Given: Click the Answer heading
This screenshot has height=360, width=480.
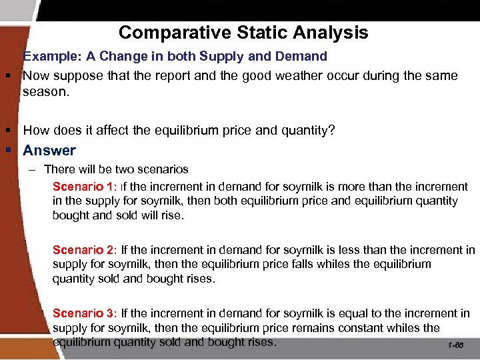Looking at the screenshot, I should (49, 151).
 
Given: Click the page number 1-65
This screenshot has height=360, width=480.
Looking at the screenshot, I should (457, 346).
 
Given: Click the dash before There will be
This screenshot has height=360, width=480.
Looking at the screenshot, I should (32, 170).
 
